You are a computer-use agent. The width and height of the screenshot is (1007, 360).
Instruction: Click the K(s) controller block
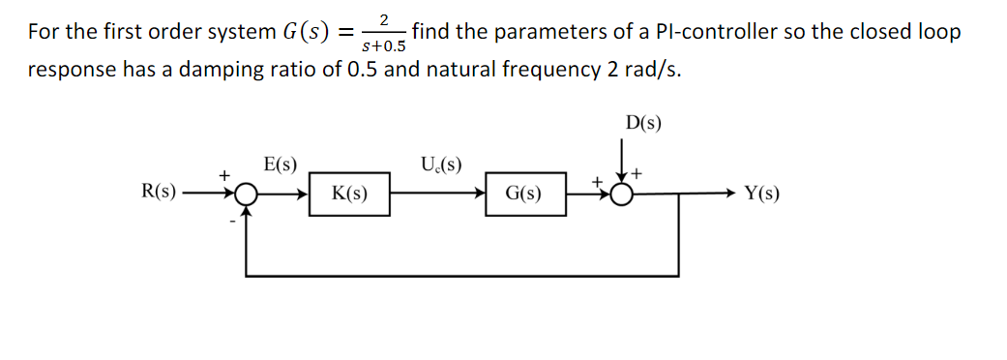(348, 194)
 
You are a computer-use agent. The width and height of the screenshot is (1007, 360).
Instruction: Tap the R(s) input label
(159, 192)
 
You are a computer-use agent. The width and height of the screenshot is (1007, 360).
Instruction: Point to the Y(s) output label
(762, 193)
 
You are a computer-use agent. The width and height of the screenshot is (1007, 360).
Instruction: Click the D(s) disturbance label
(643, 124)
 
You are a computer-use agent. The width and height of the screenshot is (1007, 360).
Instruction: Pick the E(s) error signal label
(280, 164)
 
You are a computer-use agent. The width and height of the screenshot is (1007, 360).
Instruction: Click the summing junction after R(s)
(247, 194)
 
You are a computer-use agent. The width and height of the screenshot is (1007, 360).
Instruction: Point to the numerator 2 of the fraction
(384, 19)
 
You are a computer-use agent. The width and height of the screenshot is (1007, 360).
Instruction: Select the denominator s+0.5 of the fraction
(383, 45)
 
